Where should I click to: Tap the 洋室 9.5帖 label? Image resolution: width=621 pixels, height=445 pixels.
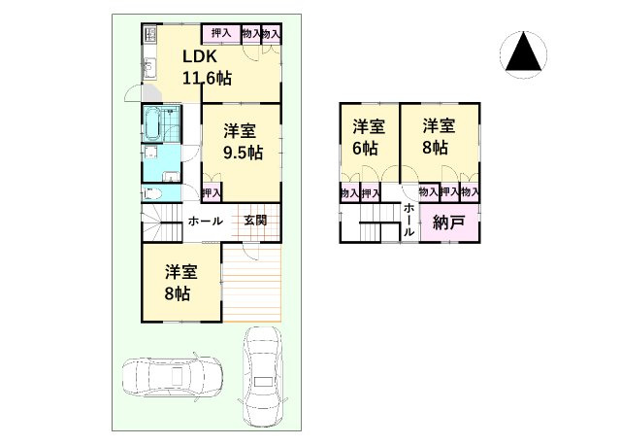242,142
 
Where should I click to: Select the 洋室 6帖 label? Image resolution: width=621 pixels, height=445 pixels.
368,136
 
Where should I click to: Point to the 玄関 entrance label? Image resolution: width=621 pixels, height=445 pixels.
255,221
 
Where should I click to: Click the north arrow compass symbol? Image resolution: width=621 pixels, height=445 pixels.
522,54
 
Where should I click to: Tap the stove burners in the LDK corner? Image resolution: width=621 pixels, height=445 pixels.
150,36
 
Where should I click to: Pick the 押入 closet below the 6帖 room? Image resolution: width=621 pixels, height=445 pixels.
370,193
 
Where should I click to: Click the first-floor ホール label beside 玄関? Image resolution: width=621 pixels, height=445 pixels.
205,221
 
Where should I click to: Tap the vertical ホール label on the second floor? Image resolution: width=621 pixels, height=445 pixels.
409,221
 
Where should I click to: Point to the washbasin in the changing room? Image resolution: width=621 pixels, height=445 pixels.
153,154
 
